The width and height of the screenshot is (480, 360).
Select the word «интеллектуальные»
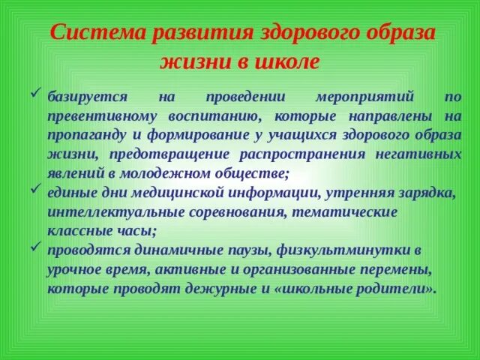click(x=113, y=213)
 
